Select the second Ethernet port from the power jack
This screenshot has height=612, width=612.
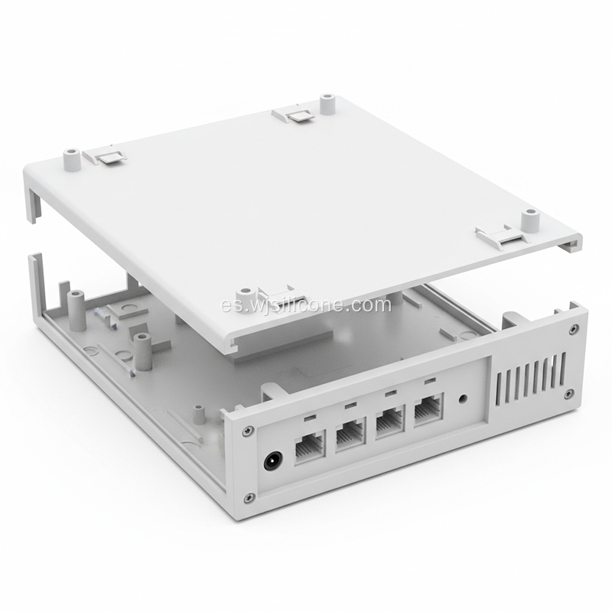[x=349, y=434]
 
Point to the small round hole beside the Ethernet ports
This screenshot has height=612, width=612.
[x=462, y=399]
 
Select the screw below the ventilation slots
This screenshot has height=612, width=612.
[x=568, y=393]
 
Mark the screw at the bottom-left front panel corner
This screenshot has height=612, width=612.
[x=249, y=498]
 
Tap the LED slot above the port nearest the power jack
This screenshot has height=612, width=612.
[x=308, y=418]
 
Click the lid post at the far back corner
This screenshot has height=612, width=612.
[x=327, y=103]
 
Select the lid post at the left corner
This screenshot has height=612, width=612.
[x=72, y=158]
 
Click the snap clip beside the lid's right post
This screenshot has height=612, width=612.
[x=495, y=235]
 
